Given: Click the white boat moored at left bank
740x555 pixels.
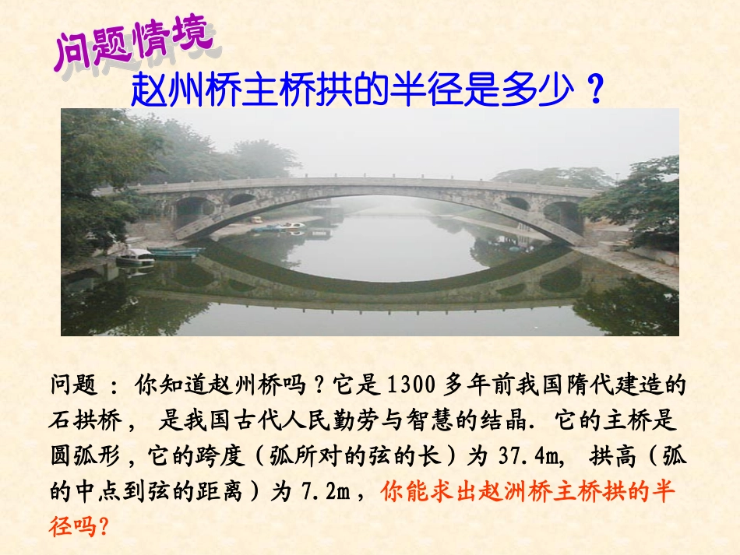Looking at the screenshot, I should click(x=136, y=256).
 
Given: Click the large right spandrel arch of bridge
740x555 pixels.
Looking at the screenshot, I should click(x=562, y=214).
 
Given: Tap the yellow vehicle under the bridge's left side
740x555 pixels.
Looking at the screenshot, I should click(x=256, y=220).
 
